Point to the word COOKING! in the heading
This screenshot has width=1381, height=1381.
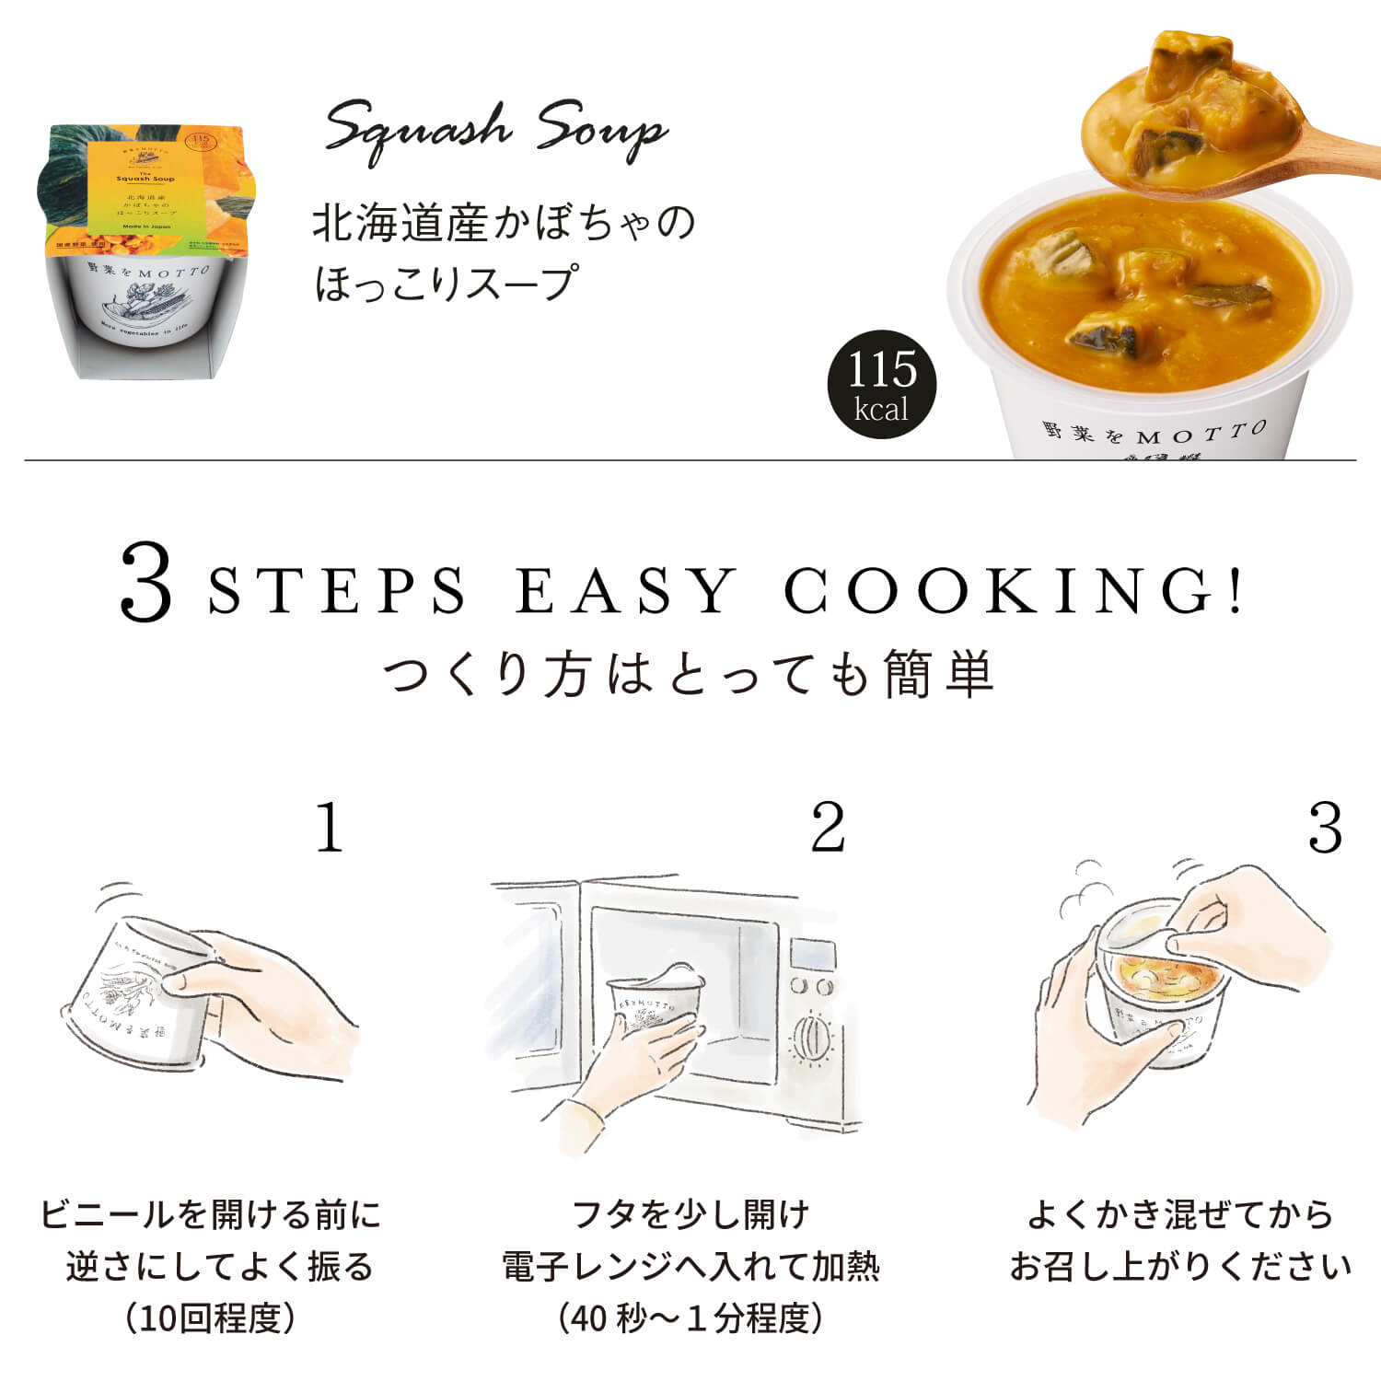click(1013, 590)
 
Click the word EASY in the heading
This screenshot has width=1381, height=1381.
click(626, 590)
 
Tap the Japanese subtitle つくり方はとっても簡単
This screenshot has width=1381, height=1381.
click(689, 674)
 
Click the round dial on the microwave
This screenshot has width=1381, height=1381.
click(811, 1039)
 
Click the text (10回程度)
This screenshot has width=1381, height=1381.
click(211, 1318)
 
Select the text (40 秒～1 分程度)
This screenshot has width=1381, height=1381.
click(690, 1318)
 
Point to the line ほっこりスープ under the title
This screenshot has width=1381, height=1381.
click(447, 283)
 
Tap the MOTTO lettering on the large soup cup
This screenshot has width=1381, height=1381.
click(1201, 433)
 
